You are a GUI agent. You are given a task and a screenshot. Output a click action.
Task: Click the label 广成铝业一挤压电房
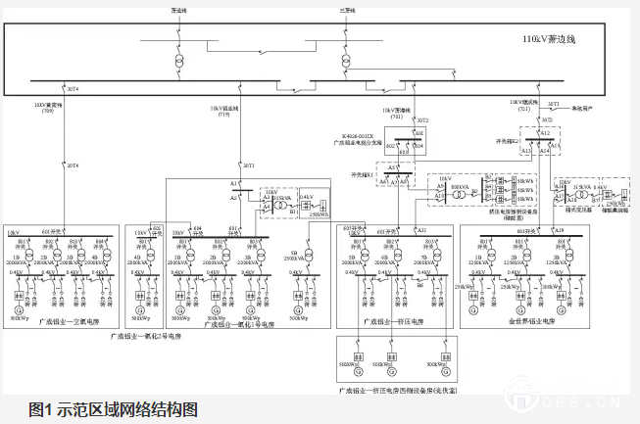pyautogui.click(x=392, y=320)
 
